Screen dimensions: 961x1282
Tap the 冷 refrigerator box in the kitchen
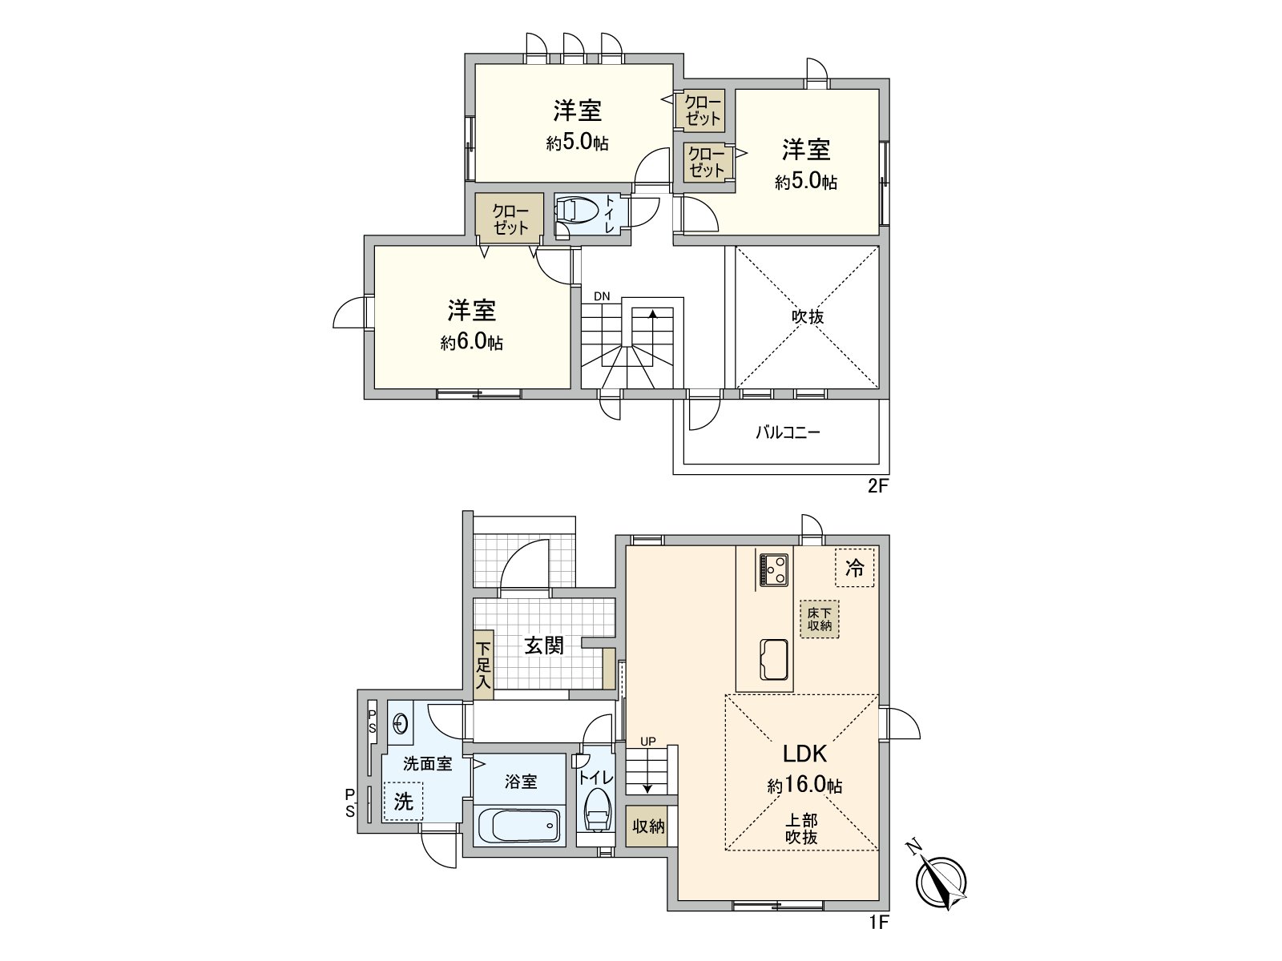[x=855, y=569]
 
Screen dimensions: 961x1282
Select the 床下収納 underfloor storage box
[x=819, y=619]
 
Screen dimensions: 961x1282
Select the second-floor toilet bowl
[x=576, y=211]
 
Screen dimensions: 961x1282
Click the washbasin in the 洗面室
[x=401, y=724]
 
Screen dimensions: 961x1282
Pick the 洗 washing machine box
[x=403, y=800]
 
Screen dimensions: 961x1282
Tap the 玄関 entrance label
[x=544, y=645]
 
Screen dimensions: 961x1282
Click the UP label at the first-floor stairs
[x=647, y=741]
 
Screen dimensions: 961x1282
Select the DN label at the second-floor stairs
[x=602, y=296]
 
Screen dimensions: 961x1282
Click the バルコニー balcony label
[x=788, y=433]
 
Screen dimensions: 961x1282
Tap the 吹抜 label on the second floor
[x=808, y=317]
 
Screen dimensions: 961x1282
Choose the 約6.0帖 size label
[x=472, y=344]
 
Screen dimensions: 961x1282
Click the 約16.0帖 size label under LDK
[x=804, y=786]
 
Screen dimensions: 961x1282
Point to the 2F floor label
[x=879, y=487]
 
